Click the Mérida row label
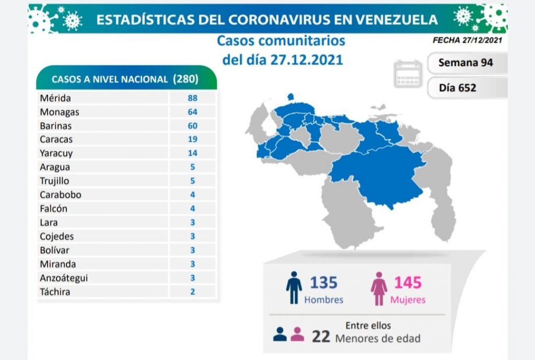[55, 98]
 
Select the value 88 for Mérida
[192, 98]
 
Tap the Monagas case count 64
[192, 112]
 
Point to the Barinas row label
[56, 126]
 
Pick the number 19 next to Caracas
[192, 140]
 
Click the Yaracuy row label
[56, 154]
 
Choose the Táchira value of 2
[192, 292]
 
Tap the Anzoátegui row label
[64, 278]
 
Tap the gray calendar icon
[408, 74]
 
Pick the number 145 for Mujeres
[408, 283]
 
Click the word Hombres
[324, 300]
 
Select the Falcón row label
[53, 208]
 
